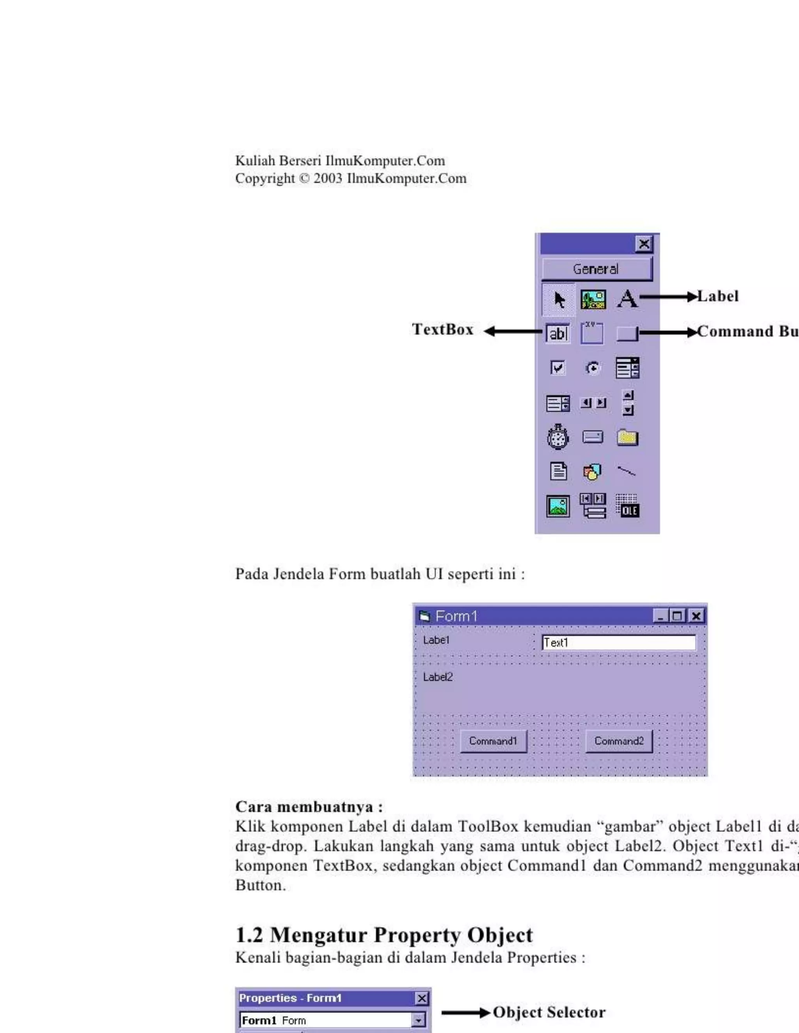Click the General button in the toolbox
pos(597,269)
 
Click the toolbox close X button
pos(644,244)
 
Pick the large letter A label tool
pos(628,299)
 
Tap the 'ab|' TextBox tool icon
pos(558,333)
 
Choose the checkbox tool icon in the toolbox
pos(558,368)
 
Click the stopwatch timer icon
pos(558,437)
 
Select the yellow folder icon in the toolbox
pos(628,437)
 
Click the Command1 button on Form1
pos(493,741)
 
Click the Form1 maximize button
pos(678,616)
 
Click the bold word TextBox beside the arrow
pos(442,330)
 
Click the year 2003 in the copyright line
pos(328,179)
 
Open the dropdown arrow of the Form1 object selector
pos(418,1020)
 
